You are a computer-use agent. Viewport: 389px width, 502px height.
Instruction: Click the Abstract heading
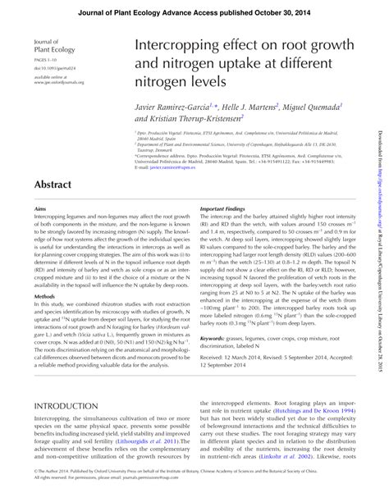tap(55, 185)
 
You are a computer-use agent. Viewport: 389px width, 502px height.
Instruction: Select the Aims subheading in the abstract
tap(40, 209)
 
